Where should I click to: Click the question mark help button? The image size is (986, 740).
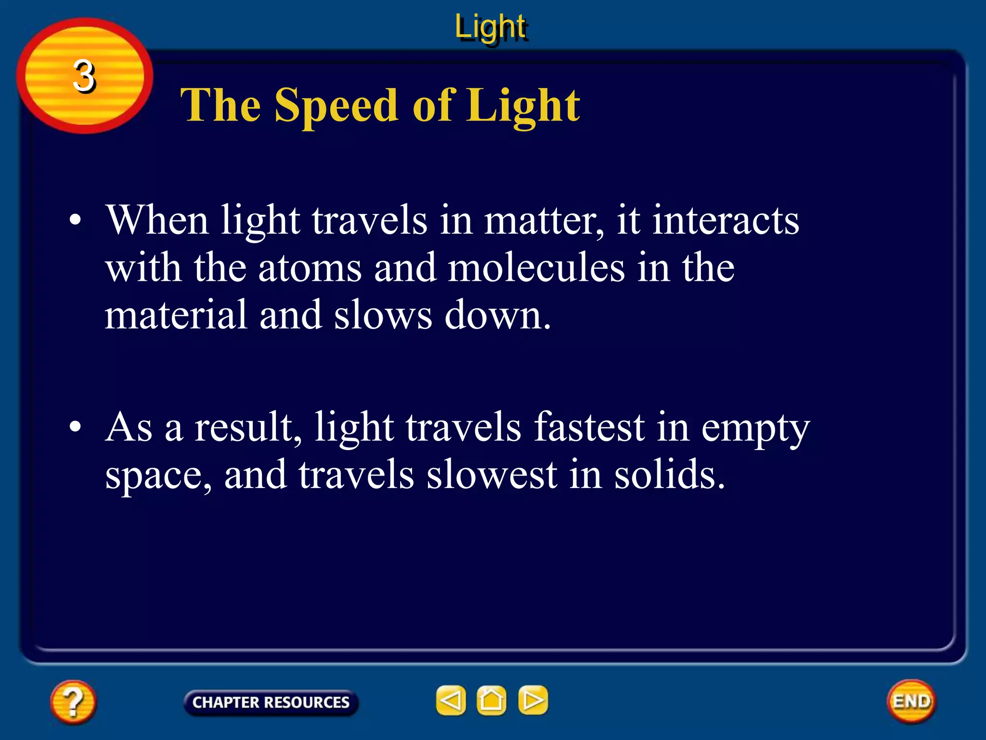point(73,702)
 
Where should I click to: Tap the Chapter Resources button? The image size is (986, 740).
point(271,702)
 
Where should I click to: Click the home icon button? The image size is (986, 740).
point(492,700)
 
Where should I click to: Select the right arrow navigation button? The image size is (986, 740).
point(533,700)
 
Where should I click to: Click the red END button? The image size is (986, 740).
point(911,701)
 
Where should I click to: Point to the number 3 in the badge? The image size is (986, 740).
point(84,76)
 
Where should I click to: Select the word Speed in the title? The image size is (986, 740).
point(336,106)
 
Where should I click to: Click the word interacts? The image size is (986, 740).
point(726,220)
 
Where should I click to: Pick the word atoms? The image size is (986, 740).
point(310,268)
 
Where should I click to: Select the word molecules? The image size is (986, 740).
point(536,268)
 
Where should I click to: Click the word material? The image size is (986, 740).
point(176,315)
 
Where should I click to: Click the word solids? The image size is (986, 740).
point(669,475)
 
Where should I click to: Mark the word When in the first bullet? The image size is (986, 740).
point(157,220)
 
